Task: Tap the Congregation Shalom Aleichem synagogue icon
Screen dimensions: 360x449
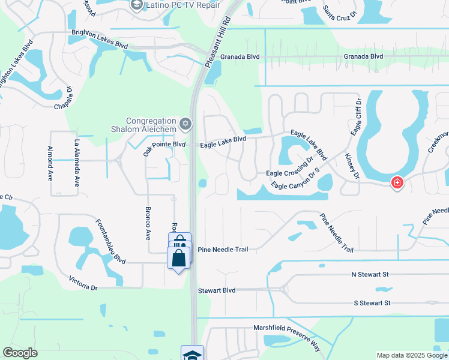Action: tap(185, 124)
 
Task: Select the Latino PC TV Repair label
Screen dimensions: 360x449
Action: tap(178, 5)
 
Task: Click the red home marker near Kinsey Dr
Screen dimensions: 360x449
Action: tap(397, 182)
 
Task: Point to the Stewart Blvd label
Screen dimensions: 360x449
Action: tap(217, 290)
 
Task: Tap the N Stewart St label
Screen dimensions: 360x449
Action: tap(370, 274)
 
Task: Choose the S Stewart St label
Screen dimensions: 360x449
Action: tap(372, 303)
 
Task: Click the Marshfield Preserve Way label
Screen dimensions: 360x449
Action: tap(284, 329)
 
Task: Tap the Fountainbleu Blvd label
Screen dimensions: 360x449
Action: tap(110, 242)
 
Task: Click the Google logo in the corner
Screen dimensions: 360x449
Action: tap(20, 353)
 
